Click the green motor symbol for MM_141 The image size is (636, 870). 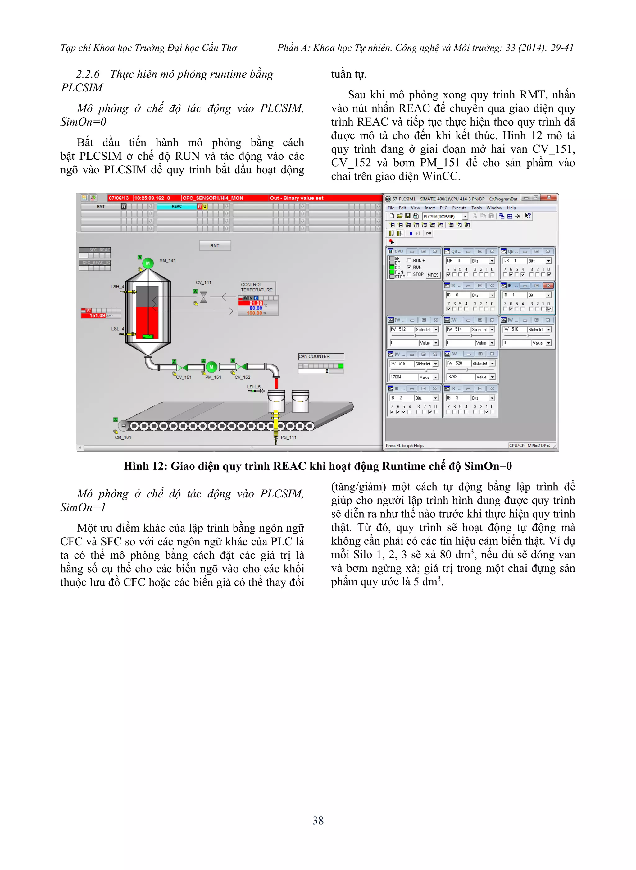[x=148, y=263]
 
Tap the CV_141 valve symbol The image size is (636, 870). [x=204, y=297]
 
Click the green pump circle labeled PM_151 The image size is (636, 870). [x=211, y=367]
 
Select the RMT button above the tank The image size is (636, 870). [x=215, y=246]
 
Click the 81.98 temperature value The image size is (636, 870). [x=255, y=303]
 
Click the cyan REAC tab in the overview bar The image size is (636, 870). [x=177, y=206]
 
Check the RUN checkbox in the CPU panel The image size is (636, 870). [x=409, y=267]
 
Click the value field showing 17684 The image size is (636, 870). [x=404, y=377]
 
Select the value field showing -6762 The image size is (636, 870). [x=460, y=377]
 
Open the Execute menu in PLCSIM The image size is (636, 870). [x=459, y=208]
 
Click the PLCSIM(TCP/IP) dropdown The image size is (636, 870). [x=445, y=217]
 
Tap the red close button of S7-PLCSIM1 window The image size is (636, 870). [x=549, y=198]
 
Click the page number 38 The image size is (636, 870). [x=318, y=820]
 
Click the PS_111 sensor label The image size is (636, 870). [x=289, y=437]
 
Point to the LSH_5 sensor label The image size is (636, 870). [x=253, y=387]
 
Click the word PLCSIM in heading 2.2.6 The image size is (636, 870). [x=82, y=88]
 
